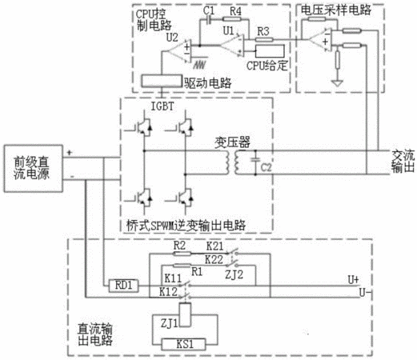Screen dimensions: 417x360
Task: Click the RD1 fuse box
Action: pos(124,286)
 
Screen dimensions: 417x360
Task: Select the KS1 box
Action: pos(183,344)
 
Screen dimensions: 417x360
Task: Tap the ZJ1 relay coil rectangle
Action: pos(186,315)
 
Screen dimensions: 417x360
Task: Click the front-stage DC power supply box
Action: pos(34,169)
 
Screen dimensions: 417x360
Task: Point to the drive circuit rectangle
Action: pos(162,82)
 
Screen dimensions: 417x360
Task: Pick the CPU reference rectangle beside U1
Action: pos(270,51)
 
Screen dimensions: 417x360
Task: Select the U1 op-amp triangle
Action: pos(232,46)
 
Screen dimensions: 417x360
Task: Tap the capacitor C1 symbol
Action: pos(209,19)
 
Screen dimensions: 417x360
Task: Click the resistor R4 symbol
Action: pos(232,19)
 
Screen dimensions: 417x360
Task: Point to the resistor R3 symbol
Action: pos(264,40)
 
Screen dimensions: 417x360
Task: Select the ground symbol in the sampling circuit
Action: pos(337,83)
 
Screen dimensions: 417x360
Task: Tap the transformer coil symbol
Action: pos(232,162)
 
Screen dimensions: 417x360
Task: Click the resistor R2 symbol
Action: pos(182,254)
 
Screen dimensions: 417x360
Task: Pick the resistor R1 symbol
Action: pos(182,266)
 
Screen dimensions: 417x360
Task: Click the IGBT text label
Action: pos(162,106)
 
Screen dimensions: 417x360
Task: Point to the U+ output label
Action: pos(353,280)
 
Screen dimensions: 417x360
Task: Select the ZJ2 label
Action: pos(235,274)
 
